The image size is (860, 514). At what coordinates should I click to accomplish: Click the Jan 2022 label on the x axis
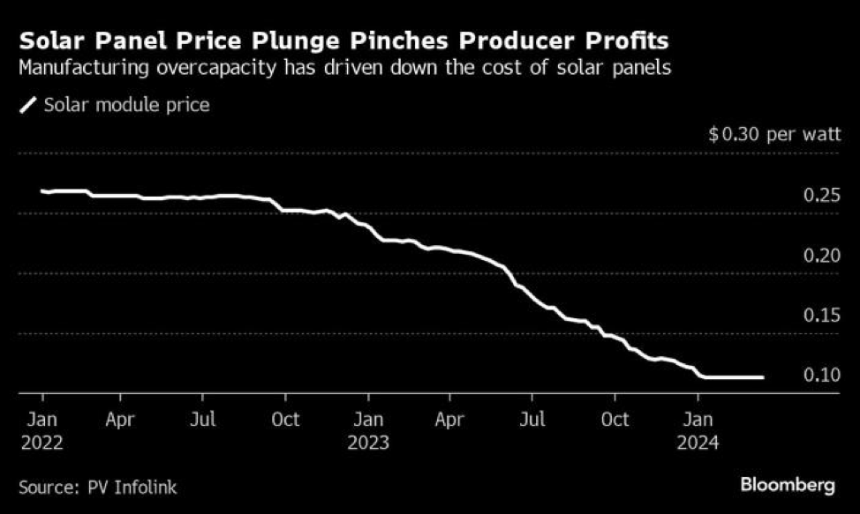41,430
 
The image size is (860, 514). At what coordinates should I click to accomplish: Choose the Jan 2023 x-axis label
369,430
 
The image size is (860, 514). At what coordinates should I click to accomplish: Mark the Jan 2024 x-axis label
698,430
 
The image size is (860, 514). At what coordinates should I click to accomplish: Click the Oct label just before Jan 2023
286,420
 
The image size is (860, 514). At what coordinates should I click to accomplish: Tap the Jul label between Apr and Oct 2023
532,420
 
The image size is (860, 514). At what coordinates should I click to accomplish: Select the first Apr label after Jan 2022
120,420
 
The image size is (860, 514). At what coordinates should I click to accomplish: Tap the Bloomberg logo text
788,485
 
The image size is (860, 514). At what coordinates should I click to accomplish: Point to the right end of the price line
762,377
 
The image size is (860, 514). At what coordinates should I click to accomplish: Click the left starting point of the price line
41,190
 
